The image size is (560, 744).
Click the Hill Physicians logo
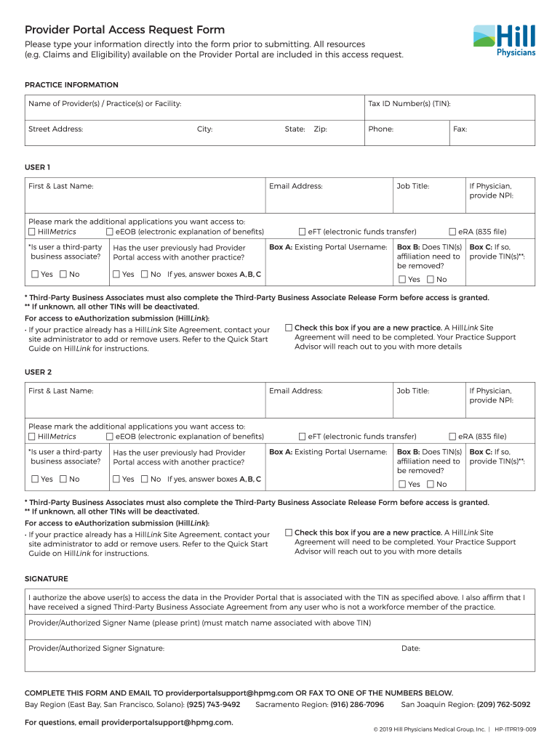tap(504, 41)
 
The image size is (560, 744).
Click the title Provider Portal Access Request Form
tap(124, 30)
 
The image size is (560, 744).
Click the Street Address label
tap(55, 129)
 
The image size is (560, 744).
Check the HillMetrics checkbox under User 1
tap(32, 232)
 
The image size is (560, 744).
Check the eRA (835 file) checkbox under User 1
tap(452, 232)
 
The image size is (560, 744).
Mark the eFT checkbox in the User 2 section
tap(303, 437)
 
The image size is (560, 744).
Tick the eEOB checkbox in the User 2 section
tap(110, 437)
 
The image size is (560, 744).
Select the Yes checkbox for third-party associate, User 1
tap(35, 275)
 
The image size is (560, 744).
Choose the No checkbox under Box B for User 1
tap(431, 280)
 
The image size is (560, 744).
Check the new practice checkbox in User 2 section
tap(289, 533)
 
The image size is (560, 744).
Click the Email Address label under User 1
tap(295, 186)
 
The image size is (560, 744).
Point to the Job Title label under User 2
tap(412, 391)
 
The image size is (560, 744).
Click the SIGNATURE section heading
tap(47, 578)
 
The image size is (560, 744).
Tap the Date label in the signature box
tap(410, 648)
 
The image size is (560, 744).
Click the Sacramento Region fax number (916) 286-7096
tap(356, 704)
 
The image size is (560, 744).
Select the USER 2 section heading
tap(38, 372)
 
